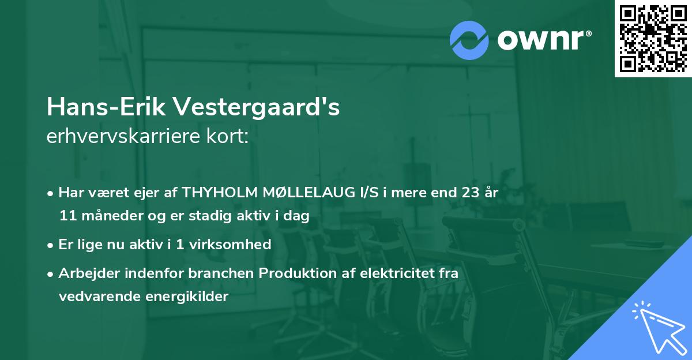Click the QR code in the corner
click(x=653, y=39)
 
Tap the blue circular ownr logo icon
click(x=469, y=40)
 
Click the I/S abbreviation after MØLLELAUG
click(x=370, y=193)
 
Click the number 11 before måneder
click(x=66, y=216)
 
